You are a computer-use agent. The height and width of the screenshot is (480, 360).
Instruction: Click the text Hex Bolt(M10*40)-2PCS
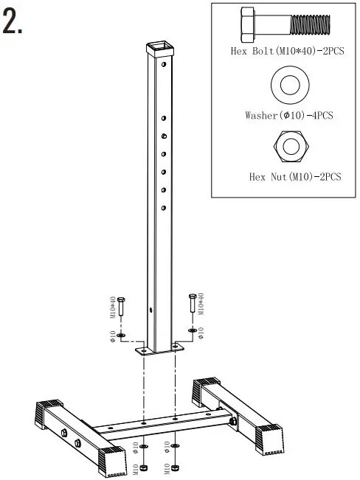(x=286, y=52)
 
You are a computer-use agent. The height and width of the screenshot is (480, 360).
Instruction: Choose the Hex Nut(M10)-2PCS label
(x=295, y=176)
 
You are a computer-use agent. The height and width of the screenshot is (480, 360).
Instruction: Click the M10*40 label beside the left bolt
(x=113, y=307)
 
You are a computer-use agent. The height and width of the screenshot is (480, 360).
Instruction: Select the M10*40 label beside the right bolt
(x=201, y=305)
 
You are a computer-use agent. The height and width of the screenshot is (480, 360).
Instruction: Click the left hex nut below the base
(x=144, y=467)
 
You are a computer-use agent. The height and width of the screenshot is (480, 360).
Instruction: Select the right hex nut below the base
(x=175, y=467)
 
